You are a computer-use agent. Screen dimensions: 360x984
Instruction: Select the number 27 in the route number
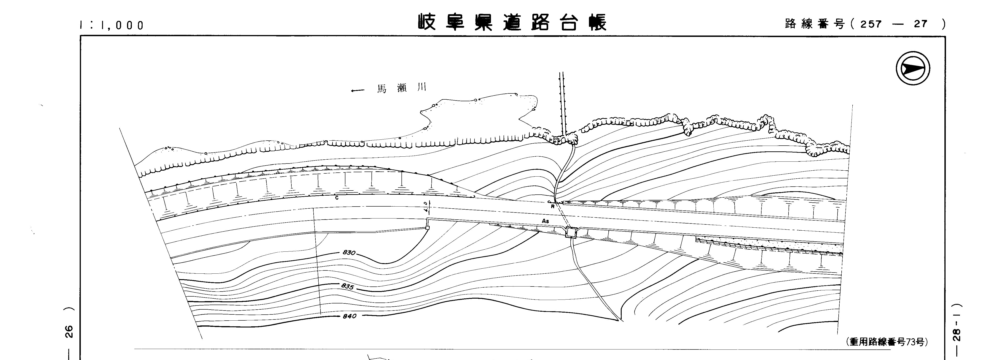[x=921, y=24]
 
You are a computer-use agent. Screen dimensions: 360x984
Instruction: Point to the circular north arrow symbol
[x=913, y=69]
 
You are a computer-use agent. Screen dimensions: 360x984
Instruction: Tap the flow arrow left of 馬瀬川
[x=358, y=91]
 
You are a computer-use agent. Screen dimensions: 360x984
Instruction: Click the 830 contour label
[x=349, y=253]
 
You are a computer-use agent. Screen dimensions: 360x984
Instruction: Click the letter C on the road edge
[x=336, y=198]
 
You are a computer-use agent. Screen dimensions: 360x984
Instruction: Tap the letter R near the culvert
[x=552, y=206]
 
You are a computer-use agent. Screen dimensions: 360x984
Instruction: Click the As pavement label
[x=545, y=221]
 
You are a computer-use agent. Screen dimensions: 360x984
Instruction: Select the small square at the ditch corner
[x=427, y=228]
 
